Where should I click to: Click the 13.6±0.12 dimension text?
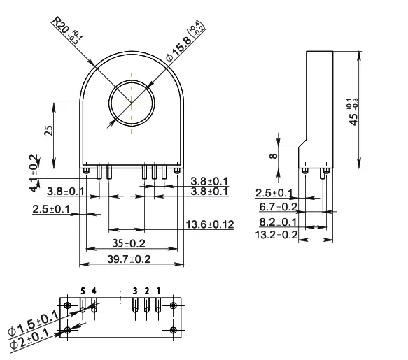point(209,224)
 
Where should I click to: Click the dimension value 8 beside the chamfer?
point(274,157)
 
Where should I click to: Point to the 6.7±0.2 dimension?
point(276,207)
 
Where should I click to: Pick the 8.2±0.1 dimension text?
point(276,222)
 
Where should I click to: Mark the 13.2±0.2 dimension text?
point(276,236)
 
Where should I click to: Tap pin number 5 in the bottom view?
point(83,290)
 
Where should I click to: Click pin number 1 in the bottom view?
point(158,290)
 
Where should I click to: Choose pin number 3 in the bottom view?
point(134,290)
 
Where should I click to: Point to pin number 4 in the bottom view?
point(94,290)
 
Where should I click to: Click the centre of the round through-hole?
point(131,102)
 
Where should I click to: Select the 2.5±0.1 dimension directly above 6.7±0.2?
point(274,193)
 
